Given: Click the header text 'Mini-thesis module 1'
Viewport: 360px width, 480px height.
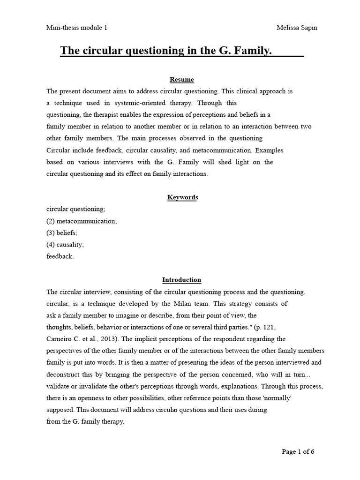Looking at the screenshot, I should (77, 28).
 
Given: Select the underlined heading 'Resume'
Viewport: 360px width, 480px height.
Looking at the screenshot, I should (181, 80).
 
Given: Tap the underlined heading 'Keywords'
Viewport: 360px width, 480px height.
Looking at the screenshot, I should (183, 197).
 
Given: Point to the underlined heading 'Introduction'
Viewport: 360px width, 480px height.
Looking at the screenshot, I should (181, 280).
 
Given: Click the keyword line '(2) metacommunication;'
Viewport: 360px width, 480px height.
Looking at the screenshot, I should (82, 221).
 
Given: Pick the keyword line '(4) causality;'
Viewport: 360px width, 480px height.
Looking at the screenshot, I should (65, 244).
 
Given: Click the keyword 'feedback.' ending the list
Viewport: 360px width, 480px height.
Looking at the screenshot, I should (60, 256).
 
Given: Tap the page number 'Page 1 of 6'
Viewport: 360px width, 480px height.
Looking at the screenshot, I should (298, 452).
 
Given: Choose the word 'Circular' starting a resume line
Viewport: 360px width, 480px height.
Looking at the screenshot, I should (58, 150).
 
